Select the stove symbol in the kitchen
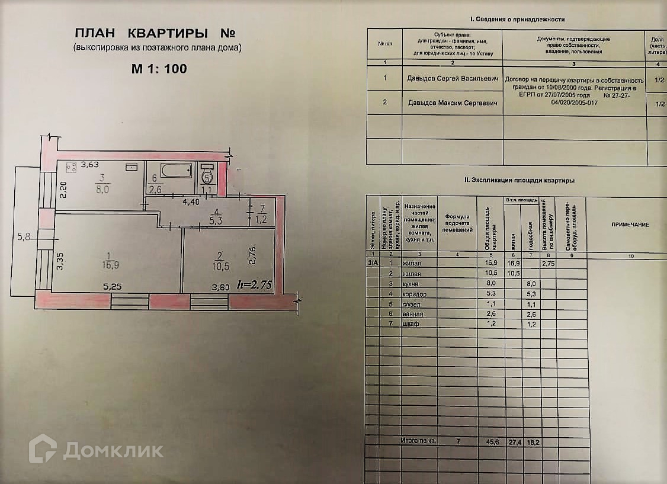pyautogui.click(x=71, y=167)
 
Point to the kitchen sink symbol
pyautogui.click(x=132, y=168)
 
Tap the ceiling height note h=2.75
pyautogui.click(x=254, y=285)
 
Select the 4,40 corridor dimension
pyautogui.click(x=191, y=202)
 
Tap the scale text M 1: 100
pyautogui.click(x=159, y=69)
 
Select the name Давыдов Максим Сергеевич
pyautogui.click(x=452, y=102)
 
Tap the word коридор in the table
pyautogui.click(x=414, y=293)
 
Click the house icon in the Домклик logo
pyautogui.click(x=43, y=448)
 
